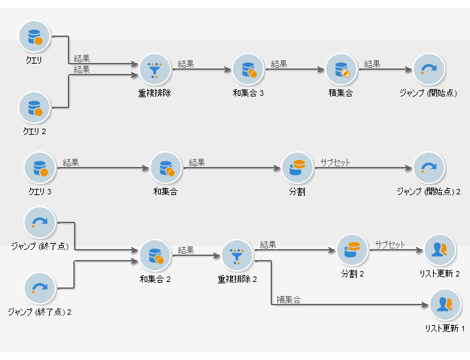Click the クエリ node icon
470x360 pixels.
(34, 37)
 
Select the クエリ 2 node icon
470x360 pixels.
(34, 107)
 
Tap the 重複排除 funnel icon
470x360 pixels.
(154, 69)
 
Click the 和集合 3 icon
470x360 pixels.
(247, 69)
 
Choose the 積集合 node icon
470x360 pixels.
(341, 69)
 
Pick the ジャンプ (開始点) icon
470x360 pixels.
(429, 69)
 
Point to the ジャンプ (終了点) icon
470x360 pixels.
(40, 222)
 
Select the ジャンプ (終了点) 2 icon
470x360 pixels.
(40, 288)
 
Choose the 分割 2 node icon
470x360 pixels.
(352, 250)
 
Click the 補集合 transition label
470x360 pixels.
(288, 300)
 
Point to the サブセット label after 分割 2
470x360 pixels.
(390, 244)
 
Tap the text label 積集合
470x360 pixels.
(341, 93)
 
